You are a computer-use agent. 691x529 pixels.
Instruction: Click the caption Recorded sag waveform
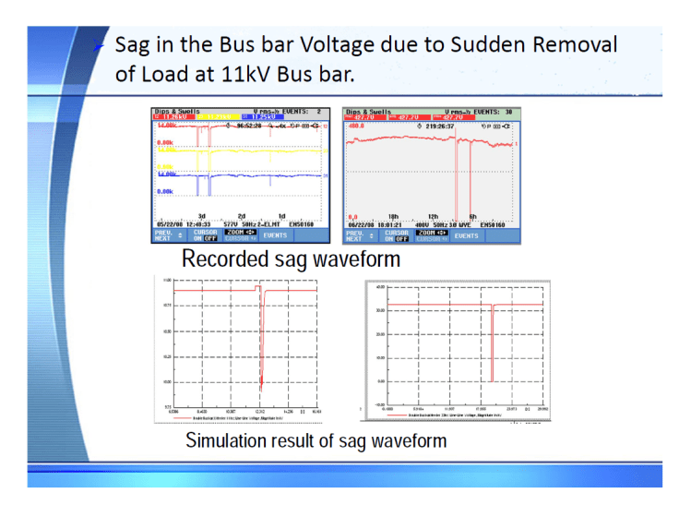point(291,258)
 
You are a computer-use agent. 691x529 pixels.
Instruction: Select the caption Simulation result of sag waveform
point(316,440)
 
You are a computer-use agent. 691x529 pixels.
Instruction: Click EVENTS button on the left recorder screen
point(276,236)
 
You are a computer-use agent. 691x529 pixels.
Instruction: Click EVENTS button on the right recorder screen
point(467,236)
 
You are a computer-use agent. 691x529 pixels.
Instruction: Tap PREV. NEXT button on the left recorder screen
point(162,236)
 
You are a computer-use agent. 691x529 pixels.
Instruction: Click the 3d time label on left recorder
point(201,216)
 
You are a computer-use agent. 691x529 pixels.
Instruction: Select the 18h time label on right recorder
point(392,216)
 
